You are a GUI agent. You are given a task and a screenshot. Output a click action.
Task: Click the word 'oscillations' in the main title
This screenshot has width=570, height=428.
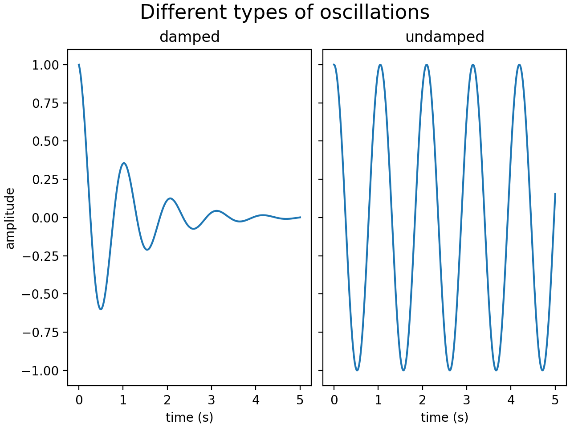[x=375, y=12]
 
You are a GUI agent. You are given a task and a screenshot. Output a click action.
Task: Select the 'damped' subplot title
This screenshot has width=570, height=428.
[x=190, y=37]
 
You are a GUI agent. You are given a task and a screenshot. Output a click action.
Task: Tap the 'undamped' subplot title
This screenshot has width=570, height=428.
[x=445, y=37]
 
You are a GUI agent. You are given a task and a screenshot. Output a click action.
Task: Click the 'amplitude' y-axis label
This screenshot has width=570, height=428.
[x=10, y=218]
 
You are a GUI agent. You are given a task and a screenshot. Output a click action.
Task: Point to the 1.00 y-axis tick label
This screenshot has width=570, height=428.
[x=45, y=65]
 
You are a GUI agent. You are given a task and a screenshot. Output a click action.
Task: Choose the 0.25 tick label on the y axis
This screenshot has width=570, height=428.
[x=45, y=180]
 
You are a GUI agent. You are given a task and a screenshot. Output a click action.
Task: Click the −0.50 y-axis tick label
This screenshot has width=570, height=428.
[x=41, y=294]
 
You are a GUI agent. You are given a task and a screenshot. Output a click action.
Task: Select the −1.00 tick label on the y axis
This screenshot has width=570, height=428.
[x=41, y=370]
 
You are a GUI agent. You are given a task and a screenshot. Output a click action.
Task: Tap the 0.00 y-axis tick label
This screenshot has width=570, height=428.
[x=45, y=218]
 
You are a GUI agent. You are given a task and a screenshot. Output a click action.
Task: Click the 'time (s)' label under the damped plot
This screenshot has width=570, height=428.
[x=190, y=418]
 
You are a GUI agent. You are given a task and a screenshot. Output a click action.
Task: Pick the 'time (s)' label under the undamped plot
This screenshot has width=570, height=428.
[x=444, y=418]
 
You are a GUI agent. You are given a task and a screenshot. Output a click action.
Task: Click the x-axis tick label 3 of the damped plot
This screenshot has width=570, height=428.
[x=212, y=400]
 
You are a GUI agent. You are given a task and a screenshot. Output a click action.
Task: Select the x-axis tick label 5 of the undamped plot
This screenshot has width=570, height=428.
[x=555, y=400]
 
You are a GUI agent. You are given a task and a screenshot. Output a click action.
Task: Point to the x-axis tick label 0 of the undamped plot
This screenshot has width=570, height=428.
[x=334, y=400]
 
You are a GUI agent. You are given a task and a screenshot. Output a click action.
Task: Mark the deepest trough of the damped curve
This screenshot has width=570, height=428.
[x=101, y=309]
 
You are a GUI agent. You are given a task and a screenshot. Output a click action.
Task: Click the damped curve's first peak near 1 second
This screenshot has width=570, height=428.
[x=124, y=163]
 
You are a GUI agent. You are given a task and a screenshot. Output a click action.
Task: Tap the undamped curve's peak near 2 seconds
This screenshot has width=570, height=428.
[x=427, y=65]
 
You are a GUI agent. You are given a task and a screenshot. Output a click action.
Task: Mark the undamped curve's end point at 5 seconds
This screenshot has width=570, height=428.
[x=555, y=193]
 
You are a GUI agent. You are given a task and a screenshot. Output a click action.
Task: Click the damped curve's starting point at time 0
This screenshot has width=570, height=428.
[x=79, y=64]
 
